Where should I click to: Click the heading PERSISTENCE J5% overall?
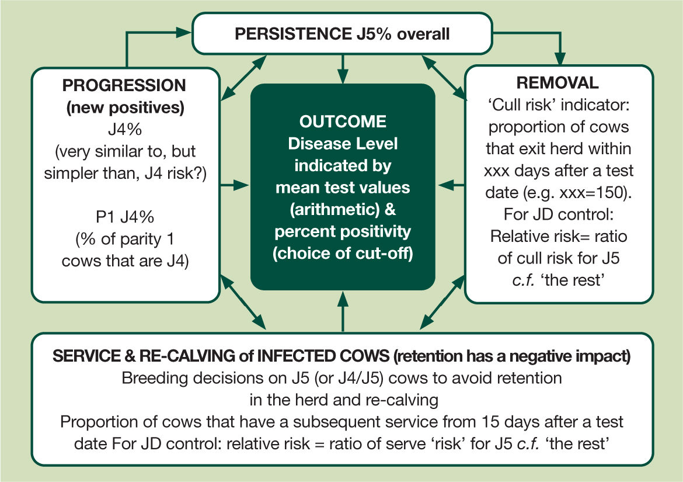[x=342, y=34]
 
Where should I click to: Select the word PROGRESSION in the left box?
[x=124, y=85]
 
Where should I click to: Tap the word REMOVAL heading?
[x=557, y=83]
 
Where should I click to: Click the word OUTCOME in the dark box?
[x=343, y=122]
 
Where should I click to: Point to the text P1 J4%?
[x=125, y=217]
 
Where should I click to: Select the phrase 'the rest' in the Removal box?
[x=572, y=280]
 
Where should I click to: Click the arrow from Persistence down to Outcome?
[x=343, y=69]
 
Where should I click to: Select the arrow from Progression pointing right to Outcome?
[x=234, y=186]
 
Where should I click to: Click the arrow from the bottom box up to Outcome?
[x=343, y=312]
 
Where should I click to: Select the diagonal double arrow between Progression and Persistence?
[x=243, y=78]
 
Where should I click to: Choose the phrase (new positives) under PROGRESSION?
[x=125, y=108]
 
